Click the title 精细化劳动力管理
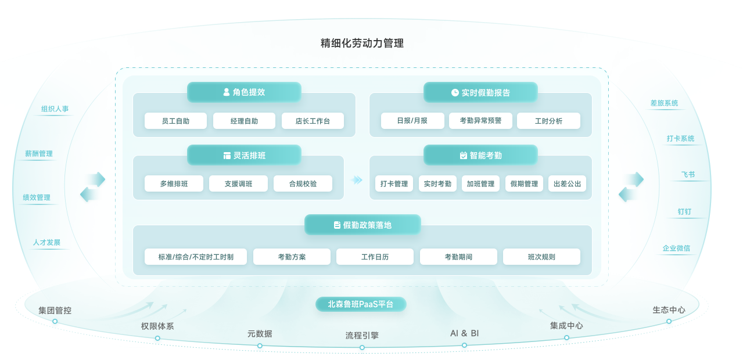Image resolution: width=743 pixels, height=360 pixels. pyautogui.click(x=362, y=43)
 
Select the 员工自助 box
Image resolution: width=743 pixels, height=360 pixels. pyautogui.click(x=175, y=121)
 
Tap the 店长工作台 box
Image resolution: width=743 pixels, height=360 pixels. pyautogui.click(x=313, y=121)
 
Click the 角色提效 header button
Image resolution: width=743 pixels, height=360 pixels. pyautogui.click(x=244, y=92)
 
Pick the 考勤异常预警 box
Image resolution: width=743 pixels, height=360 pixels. pyautogui.click(x=480, y=121)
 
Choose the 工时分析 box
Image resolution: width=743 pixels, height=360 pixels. pyautogui.click(x=548, y=121)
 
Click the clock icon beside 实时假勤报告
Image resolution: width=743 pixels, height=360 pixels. pyautogui.click(x=455, y=92)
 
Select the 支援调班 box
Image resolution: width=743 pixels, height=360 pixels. pyautogui.click(x=238, y=183)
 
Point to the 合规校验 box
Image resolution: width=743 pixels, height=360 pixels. pyautogui.click(x=303, y=183)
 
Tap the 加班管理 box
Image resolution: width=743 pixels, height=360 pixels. pyautogui.click(x=480, y=183)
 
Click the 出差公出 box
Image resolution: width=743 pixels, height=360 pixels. pyautogui.click(x=567, y=183)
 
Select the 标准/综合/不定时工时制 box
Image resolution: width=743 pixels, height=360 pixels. pyautogui.click(x=196, y=257)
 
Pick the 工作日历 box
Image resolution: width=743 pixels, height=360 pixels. pyautogui.click(x=375, y=257)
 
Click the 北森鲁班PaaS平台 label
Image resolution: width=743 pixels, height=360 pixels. pyautogui.click(x=361, y=304)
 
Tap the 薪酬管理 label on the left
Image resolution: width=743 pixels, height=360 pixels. pyautogui.click(x=39, y=154)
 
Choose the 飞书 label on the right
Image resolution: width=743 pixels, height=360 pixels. pyautogui.click(x=688, y=175)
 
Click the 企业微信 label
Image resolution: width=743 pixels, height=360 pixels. pyautogui.click(x=676, y=248)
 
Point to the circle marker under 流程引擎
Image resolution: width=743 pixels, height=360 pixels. pyautogui.click(x=362, y=348)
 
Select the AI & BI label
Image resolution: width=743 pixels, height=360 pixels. pyautogui.click(x=464, y=333)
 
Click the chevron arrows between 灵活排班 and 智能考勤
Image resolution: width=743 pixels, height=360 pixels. pyautogui.click(x=357, y=180)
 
